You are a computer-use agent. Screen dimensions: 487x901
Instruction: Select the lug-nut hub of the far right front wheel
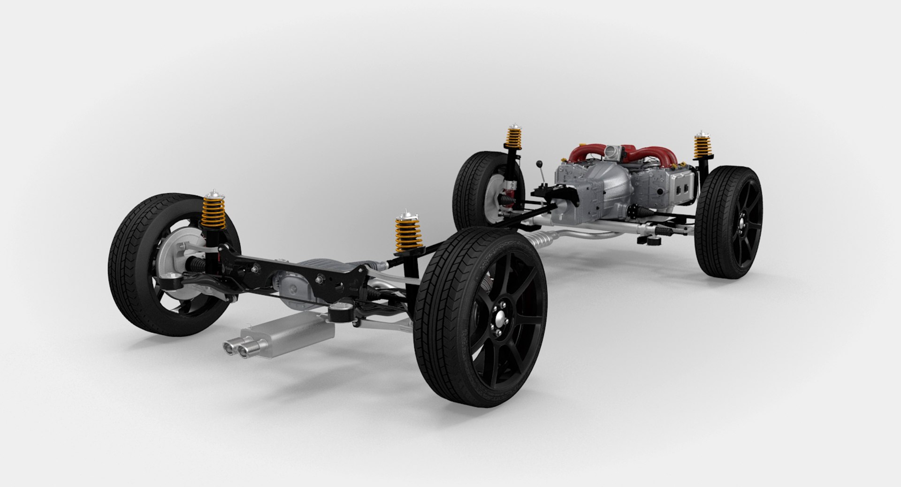[743, 227]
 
